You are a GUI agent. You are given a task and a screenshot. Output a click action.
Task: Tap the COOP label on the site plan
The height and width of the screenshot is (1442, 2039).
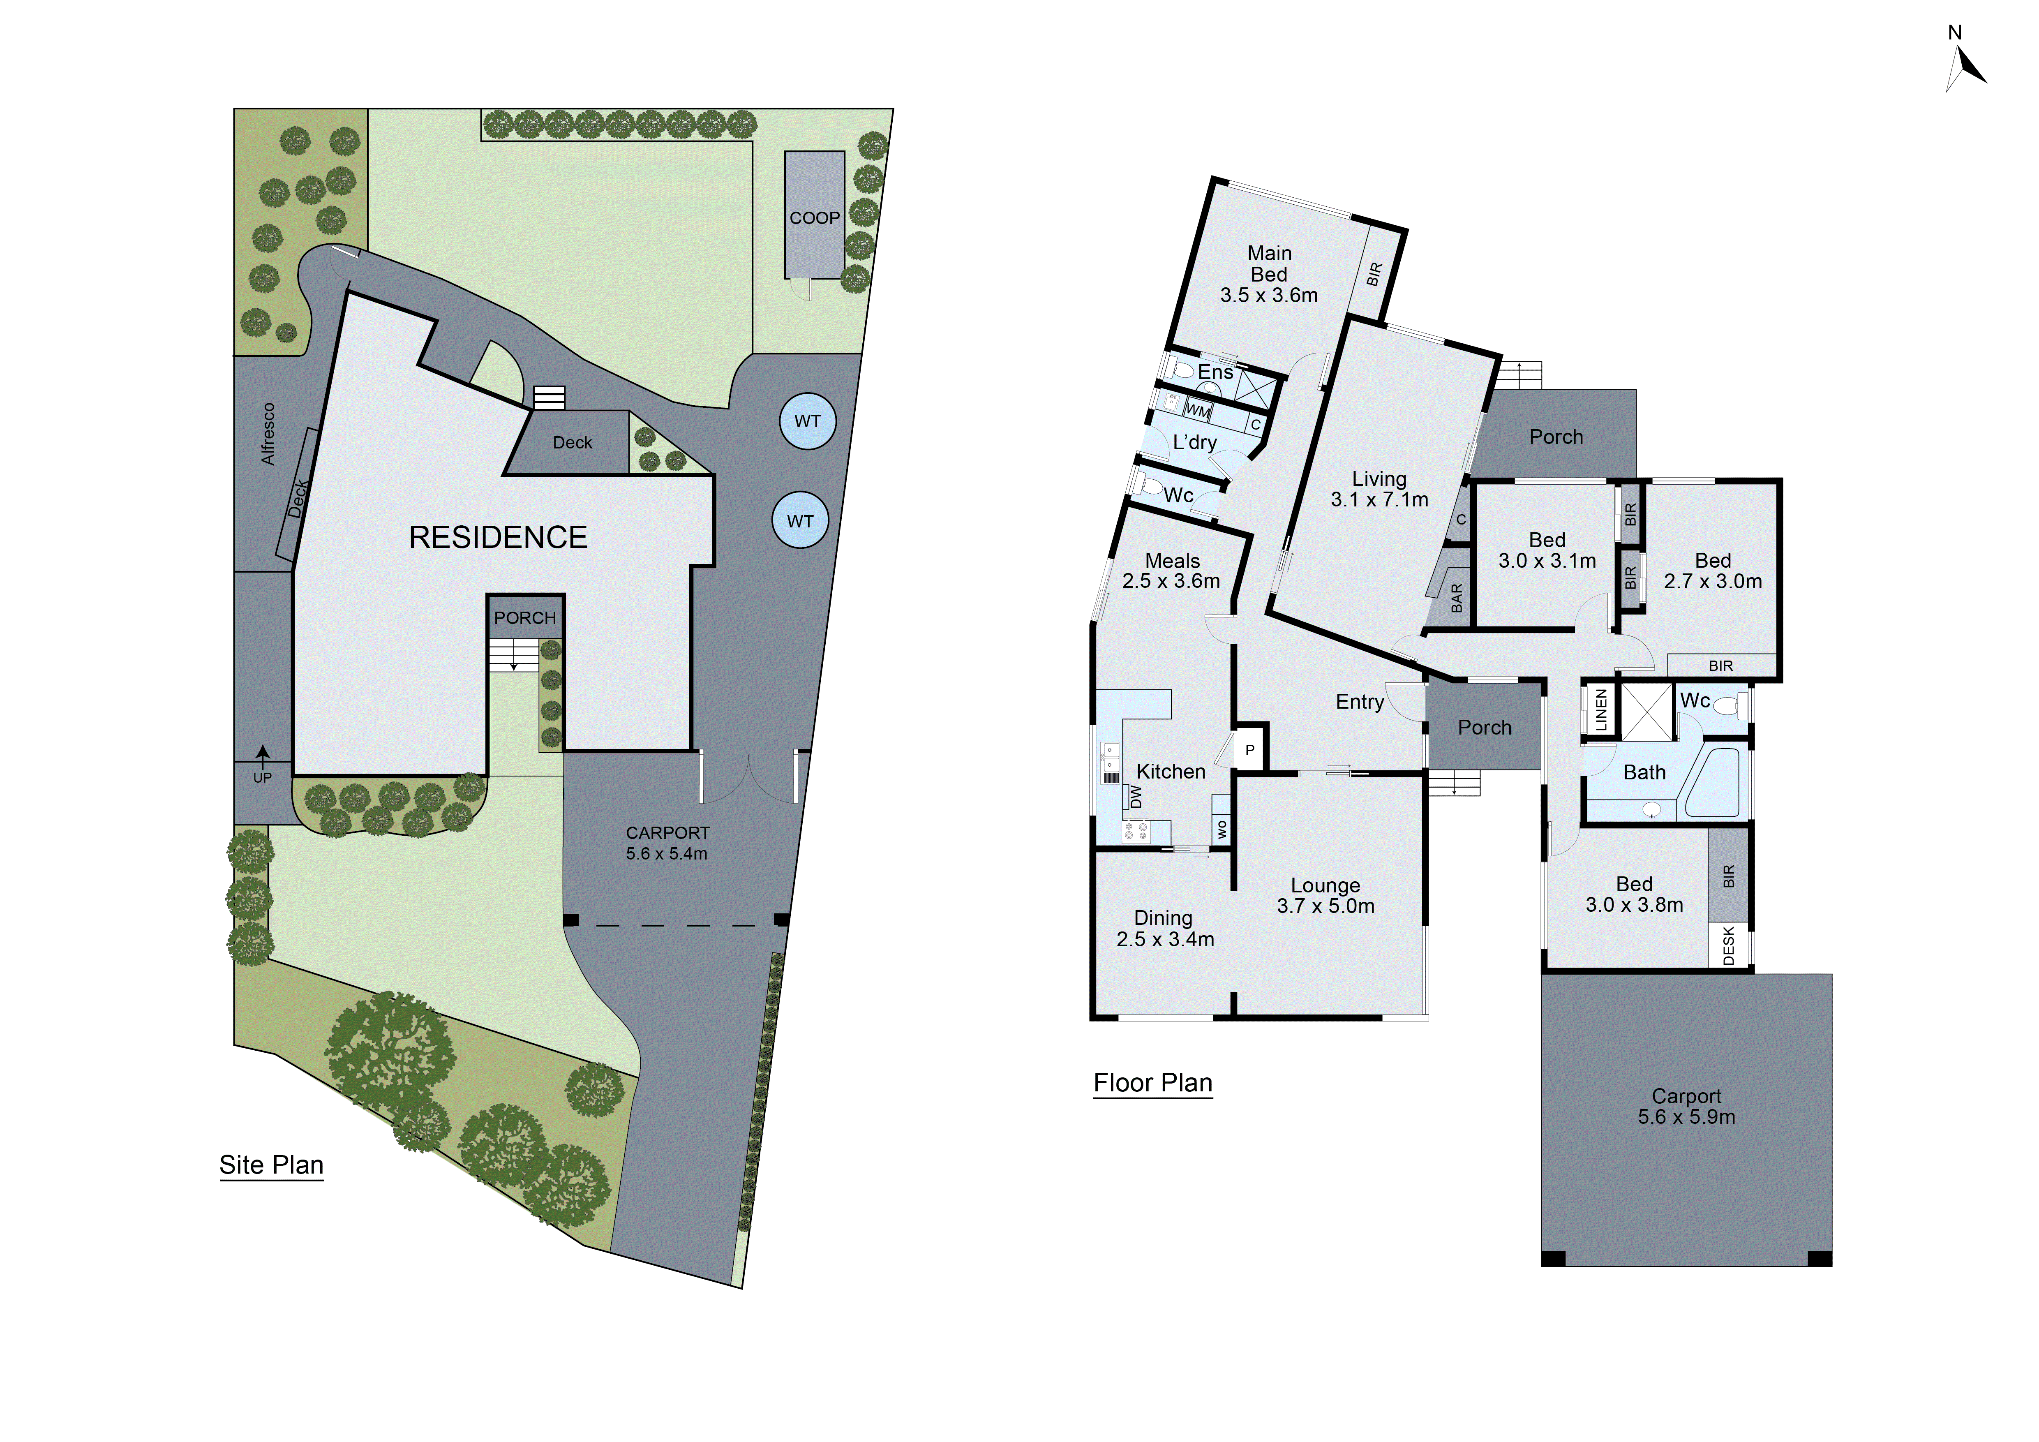[x=814, y=217]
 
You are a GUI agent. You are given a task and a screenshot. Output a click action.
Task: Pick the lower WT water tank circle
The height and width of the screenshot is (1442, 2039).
[x=800, y=521]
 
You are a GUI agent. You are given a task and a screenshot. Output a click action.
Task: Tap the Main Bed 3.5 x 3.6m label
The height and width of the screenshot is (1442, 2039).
[x=1269, y=274]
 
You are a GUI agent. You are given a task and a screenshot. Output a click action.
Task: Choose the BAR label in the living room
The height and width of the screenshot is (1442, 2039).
[x=1457, y=598]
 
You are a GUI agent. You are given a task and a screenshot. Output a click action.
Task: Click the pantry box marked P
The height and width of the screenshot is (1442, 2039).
[x=1249, y=749]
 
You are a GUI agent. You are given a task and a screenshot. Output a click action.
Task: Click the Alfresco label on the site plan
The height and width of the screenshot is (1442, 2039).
[x=268, y=434]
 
